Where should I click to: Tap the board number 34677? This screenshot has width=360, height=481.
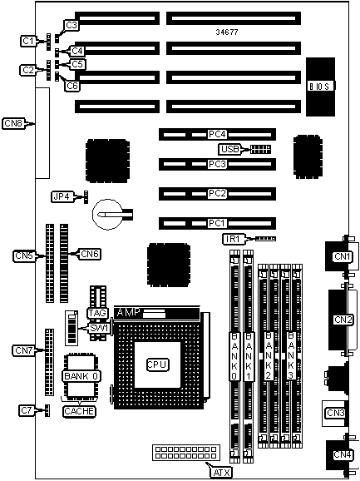[x=227, y=32]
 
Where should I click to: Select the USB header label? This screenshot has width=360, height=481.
[x=229, y=150]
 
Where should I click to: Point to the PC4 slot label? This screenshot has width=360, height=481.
[x=217, y=134]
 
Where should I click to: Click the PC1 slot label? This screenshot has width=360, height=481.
[x=217, y=223]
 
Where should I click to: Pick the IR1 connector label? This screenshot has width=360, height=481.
[x=234, y=239]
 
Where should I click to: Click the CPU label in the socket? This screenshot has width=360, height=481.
[x=157, y=364]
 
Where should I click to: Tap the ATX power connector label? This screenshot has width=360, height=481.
[x=221, y=472]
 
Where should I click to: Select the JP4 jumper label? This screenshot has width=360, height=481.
[x=62, y=196]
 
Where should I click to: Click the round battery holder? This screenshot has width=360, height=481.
[x=107, y=214]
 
